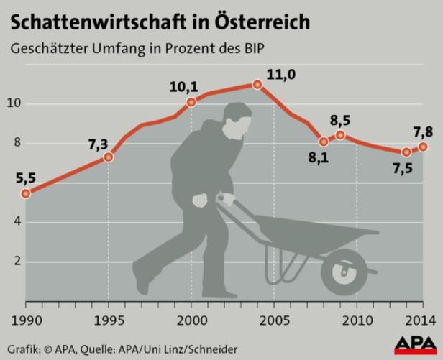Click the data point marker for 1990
(26, 193)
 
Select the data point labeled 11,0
(257, 85)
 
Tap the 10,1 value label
(183, 87)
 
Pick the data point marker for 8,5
(340, 135)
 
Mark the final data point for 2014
(424, 147)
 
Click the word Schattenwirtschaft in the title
(90, 22)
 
